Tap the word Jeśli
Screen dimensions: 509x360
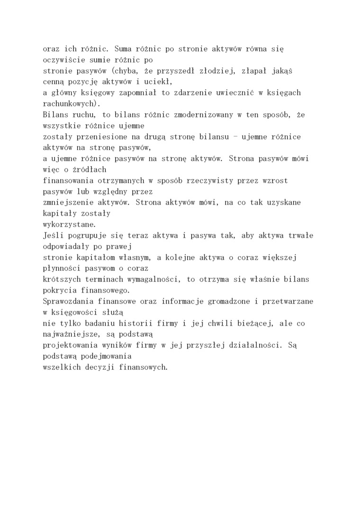pos(54,235)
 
